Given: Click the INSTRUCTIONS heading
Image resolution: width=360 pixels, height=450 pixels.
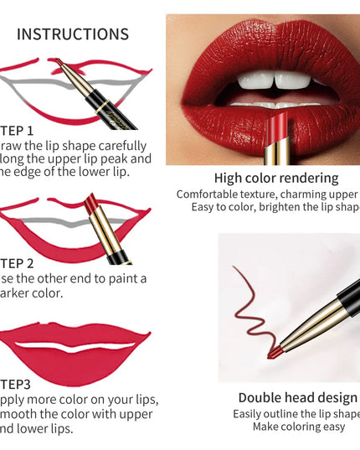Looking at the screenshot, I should (73, 34).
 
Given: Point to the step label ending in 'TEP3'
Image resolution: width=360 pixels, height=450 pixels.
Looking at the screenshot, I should (17, 385).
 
